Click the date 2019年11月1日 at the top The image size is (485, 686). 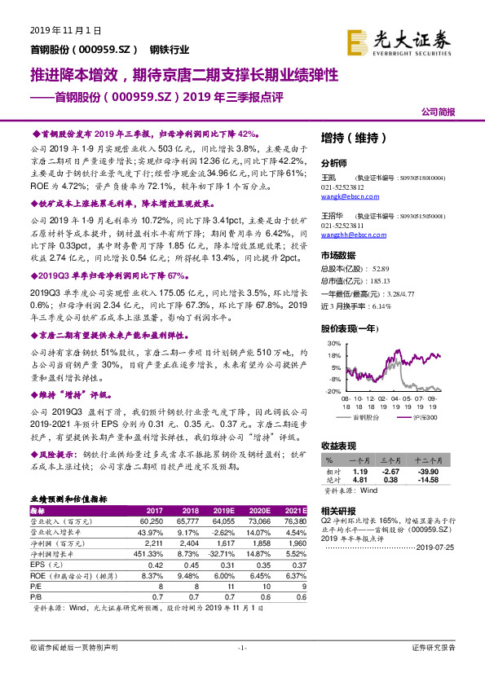pyautogui.click(x=65, y=30)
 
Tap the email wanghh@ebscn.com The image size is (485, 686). pyautogui.click(x=348, y=235)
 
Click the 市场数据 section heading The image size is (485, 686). pyautogui.click(x=340, y=254)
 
